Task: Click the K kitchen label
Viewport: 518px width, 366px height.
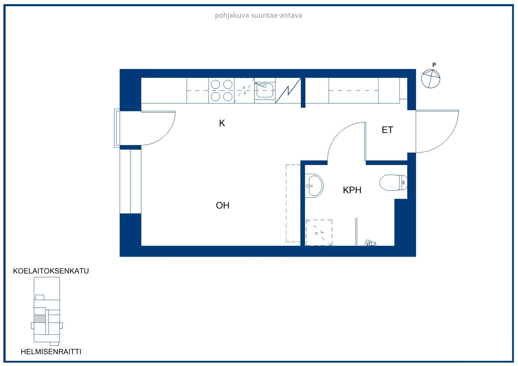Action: [222, 123]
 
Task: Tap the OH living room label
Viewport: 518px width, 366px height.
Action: [222, 205]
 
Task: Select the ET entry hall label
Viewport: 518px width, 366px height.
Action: [387, 130]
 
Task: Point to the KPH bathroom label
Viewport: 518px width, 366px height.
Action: [352, 190]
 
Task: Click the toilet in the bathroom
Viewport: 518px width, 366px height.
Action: [393, 183]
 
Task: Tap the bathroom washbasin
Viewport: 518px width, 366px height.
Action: [314, 186]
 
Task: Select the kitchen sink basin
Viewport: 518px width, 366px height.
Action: [265, 90]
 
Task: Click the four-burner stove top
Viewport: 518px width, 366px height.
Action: [221, 90]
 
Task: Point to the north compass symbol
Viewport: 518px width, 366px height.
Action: [431, 79]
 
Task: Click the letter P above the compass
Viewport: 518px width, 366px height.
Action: [434, 65]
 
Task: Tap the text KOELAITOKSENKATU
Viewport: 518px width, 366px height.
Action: [51, 271]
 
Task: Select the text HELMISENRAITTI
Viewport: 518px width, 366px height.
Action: [51, 352]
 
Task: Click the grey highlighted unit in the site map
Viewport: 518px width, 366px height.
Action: [39, 319]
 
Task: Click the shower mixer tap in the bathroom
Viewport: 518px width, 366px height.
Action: [370, 243]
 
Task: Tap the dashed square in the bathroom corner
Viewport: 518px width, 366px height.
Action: [319, 233]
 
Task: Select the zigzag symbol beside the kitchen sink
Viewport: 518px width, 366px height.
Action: [288, 90]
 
